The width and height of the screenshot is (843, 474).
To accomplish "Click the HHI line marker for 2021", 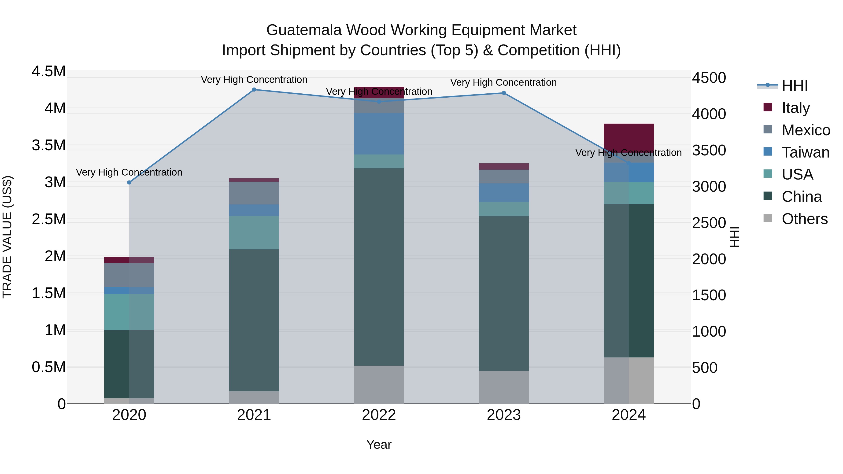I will [x=254, y=90].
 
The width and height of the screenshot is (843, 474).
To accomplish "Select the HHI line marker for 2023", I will [x=504, y=93].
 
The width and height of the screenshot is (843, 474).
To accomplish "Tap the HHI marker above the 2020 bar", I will [x=129, y=183].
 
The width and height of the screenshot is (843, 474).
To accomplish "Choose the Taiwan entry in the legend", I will [x=805, y=152].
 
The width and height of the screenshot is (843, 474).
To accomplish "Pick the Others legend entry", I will [x=804, y=219].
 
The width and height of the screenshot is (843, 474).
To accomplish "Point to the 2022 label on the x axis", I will [x=379, y=415].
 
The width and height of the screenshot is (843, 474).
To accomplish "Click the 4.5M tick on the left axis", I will [x=49, y=72].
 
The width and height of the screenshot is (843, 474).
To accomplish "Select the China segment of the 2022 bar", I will [x=379, y=267].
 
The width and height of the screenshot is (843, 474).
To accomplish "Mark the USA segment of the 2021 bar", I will [x=254, y=233].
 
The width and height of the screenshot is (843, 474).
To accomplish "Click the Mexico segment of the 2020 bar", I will [x=129, y=275].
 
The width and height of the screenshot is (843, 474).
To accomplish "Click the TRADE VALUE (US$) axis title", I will [x=7, y=237].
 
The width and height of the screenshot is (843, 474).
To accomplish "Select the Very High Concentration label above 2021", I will [x=254, y=80].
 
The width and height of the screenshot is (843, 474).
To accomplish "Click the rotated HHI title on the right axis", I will [x=735, y=237].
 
